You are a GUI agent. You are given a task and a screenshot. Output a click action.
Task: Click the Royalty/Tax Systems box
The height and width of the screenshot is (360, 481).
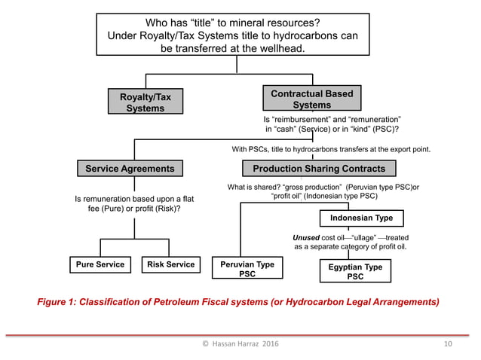pos(145,102)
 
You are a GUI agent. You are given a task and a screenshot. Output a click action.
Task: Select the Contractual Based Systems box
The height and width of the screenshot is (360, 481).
pos(311,99)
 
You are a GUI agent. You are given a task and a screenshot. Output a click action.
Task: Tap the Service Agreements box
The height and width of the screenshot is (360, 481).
pos(129,169)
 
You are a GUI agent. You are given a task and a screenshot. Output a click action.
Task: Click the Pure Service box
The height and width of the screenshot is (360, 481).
pos(100,264)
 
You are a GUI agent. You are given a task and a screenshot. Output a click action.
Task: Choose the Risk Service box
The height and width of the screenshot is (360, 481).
pos(170,264)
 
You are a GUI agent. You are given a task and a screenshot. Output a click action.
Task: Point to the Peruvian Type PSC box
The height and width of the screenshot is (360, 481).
pos(247,270)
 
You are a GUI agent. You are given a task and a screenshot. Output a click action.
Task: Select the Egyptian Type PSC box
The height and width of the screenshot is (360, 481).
pos(355,272)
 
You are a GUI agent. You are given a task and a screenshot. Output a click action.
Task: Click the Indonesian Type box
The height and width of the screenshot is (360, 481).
pos(356,218)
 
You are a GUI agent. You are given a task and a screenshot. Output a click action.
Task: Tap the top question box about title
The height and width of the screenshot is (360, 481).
pos(233,35)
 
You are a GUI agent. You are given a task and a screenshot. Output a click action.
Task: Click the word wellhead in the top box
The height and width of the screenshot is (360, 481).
pos(280,48)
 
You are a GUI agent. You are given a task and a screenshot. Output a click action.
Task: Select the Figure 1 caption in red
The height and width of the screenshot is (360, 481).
pos(237,302)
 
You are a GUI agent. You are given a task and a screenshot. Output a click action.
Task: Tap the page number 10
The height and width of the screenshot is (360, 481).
pos(448,344)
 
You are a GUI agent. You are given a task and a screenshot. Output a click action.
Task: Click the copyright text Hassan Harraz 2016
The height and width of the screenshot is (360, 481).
pos(240,344)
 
